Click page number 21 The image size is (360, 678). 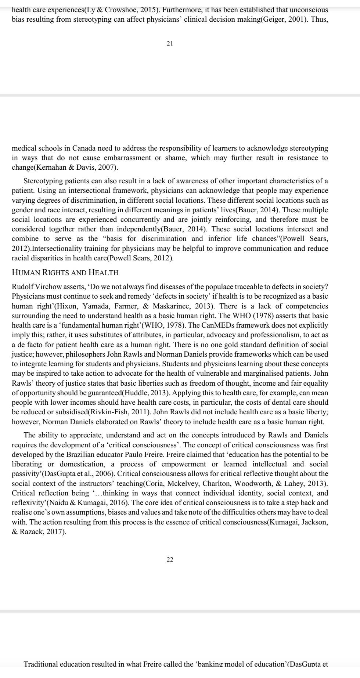coord(170,44)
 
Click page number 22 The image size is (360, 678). coord(170,559)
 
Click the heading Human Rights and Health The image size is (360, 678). coord(65,273)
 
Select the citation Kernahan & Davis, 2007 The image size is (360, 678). coord(75,168)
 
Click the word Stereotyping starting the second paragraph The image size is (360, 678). coord(43,181)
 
